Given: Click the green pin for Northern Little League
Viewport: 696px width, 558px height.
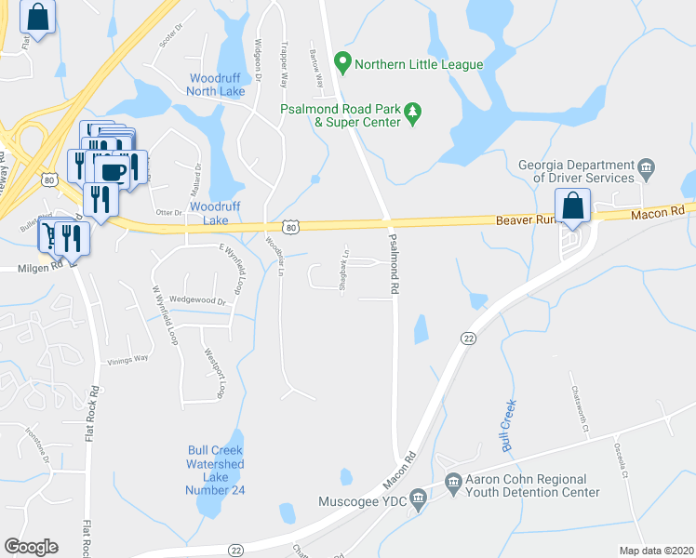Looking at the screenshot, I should coord(342,64).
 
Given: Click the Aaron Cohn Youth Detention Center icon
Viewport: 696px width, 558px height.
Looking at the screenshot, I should coord(453,482).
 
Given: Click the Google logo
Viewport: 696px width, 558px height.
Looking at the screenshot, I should coord(31,546).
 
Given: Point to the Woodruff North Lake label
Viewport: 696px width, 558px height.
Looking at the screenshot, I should coord(217,85).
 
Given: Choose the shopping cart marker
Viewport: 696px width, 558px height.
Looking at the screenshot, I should coord(48,236).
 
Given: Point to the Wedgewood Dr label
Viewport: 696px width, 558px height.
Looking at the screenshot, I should coord(197,301).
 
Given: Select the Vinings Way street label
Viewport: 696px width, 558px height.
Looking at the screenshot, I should coord(128,359).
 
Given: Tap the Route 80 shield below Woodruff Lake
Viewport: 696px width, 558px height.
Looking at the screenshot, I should coord(291,226).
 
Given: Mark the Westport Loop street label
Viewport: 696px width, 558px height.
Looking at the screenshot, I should coord(213,373).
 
